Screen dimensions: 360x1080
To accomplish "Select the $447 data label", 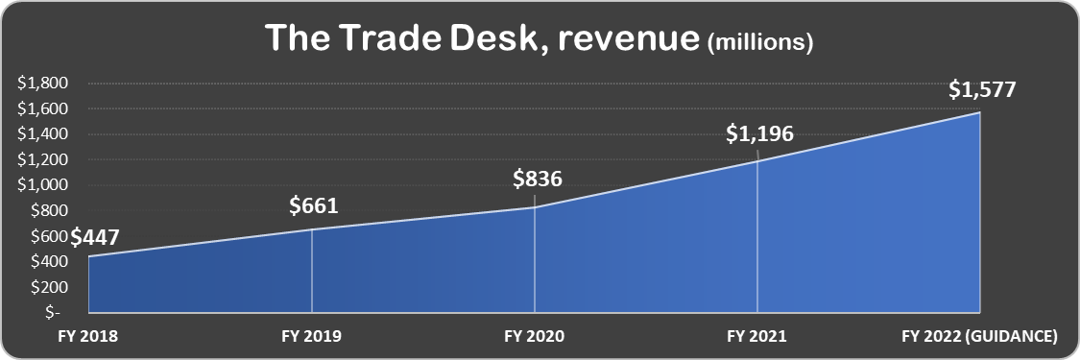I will [96, 237].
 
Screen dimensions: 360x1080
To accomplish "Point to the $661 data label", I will [314, 205].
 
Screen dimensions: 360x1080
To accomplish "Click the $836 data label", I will [537, 179].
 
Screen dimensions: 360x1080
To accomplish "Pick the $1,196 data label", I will [758, 134].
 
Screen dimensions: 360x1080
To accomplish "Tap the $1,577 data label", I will [981, 90].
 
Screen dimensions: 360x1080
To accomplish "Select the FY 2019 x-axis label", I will [311, 337].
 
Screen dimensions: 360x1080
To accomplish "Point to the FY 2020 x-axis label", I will [534, 337].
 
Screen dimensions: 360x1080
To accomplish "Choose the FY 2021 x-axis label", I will [756, 337].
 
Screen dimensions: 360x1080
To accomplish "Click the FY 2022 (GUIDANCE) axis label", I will [980, 337].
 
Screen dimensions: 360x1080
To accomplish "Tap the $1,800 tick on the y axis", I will [41, 84].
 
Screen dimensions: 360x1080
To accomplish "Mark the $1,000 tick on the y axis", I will [41, 185].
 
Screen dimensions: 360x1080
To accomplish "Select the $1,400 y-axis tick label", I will [41, 134].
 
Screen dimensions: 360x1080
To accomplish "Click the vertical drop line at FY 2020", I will [534, 259].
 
